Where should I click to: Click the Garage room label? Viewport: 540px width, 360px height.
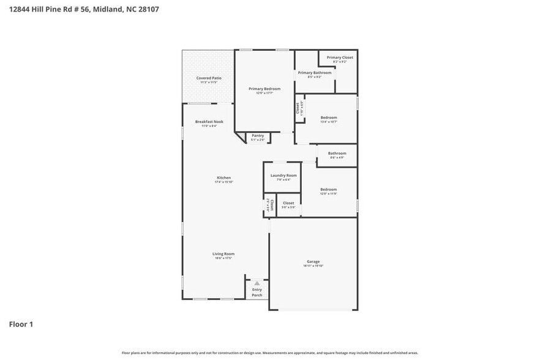click(313, 261)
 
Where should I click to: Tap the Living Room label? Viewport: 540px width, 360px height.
click(223, 253)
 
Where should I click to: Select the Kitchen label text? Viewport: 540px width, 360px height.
click(223, 178)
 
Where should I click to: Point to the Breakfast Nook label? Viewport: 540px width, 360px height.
click(209, 122)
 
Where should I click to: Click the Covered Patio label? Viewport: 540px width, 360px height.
click(209, 78)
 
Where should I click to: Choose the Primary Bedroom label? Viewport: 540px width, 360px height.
click(264, 89)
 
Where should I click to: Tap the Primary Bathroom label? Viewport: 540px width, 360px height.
click(315, 73)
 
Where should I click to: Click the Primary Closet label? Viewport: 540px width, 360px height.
click(340, 58)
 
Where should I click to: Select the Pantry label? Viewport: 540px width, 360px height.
click(258, 136)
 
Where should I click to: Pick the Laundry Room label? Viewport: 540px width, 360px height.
click(283, 176)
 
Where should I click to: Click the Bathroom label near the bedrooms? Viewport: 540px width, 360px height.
click(337, 153)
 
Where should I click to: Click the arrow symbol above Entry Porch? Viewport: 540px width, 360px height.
click(257, 283)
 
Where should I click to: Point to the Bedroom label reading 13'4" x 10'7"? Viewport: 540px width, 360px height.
click(329, 118)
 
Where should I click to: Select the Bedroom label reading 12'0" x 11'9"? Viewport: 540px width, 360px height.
click(329, 190)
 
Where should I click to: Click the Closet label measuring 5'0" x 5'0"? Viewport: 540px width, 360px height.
click(288, 203)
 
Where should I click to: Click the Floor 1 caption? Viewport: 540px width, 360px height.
click(21, 324)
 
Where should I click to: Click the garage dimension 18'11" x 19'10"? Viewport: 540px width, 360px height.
click(313, 266)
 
